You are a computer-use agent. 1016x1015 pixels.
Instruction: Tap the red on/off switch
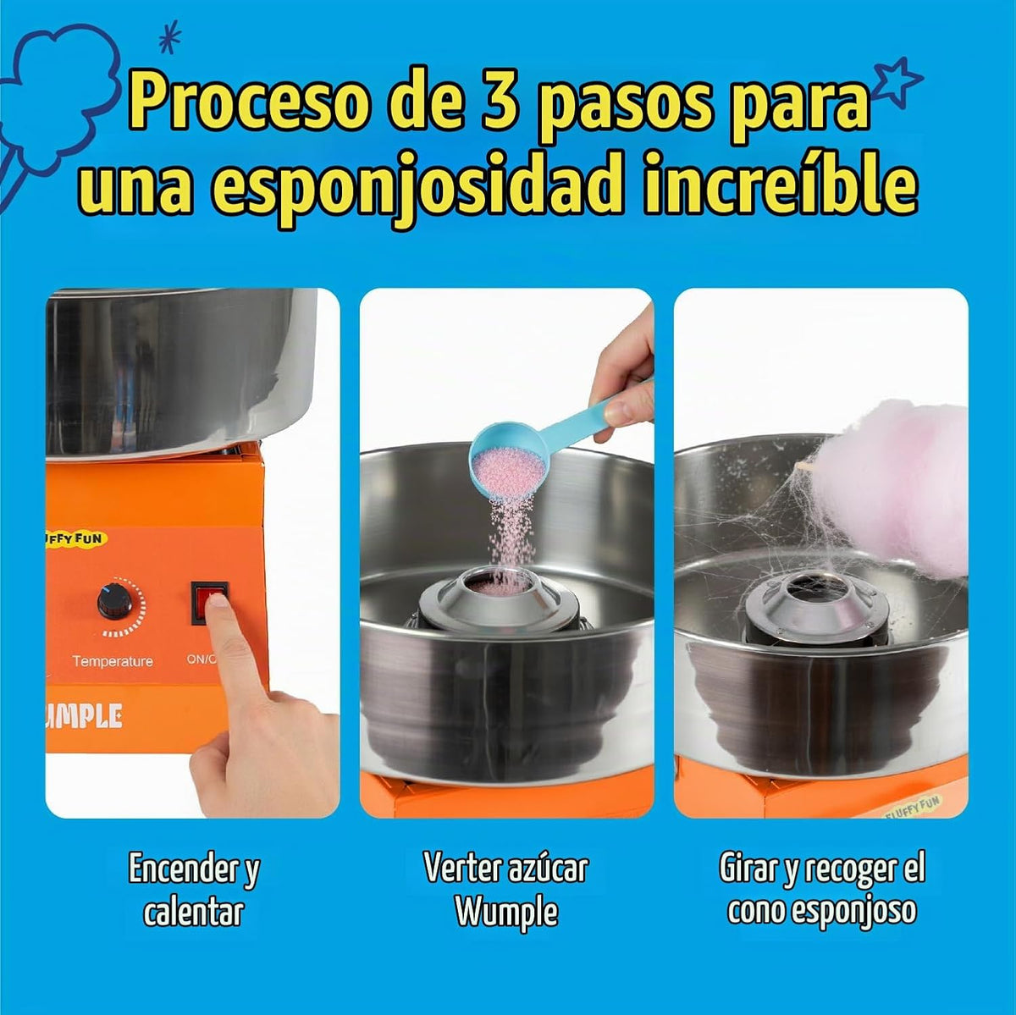click(x=209, y=603)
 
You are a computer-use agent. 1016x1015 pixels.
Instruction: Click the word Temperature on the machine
click(x=113, y=661)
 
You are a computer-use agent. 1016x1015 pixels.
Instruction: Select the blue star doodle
click(x=897, y=82)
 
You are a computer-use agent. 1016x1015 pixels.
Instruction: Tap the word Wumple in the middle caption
click(x=506, y=910)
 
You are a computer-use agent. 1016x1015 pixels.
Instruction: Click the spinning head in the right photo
click(x=816, y=606)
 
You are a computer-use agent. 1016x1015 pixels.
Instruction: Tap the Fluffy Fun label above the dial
click(x=75, y=538)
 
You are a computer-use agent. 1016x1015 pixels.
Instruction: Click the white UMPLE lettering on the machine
click(x=85, y=717)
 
